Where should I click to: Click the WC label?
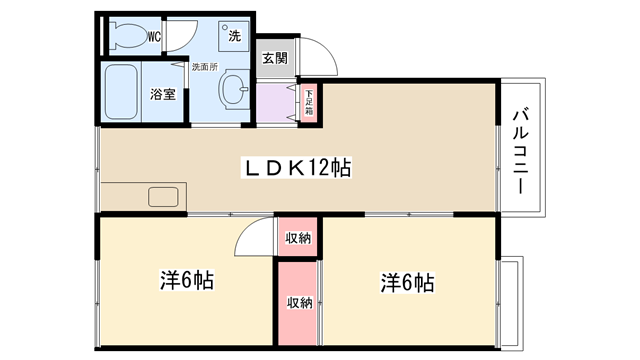[153, 37]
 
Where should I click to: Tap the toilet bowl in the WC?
[129, 36]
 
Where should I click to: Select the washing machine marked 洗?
[233, 36]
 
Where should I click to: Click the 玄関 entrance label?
[275, 58]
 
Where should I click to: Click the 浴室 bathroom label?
[163, 94]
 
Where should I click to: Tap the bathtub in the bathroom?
[120, 92]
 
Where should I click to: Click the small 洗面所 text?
[205, 67]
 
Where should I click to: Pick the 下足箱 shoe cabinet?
[309, 103]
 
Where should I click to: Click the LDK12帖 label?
[297, 167]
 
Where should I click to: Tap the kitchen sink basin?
[163, 197]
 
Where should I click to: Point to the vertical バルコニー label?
[521, 151]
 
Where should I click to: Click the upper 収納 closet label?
[298, 238]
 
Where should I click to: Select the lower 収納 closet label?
[300, 303]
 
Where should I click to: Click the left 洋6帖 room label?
[187, 280]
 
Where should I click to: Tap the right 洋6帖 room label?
[407, 282]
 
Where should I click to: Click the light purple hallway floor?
[275, 102]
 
